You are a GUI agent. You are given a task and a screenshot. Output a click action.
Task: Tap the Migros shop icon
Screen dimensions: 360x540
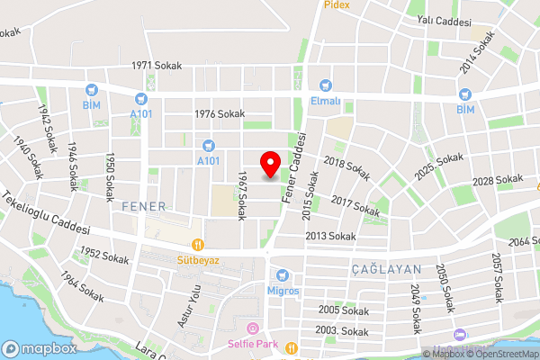[283, 274]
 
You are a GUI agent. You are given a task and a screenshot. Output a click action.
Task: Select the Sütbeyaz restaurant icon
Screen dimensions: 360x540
[198, 243]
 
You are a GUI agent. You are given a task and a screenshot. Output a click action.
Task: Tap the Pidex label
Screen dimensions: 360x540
[338, 4]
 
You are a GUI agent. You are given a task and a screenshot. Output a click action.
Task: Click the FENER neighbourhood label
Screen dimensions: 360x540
[144, 206]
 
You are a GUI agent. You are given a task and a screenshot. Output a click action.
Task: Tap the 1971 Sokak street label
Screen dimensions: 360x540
[156, 66]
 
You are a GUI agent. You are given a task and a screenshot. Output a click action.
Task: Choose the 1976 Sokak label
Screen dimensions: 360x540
[220, 113]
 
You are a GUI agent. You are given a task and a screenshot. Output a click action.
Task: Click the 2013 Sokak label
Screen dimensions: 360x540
[330, 236]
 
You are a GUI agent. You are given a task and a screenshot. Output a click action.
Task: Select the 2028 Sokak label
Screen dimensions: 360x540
[497, 181]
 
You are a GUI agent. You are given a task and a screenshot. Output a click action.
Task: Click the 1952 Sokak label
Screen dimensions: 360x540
[104, 256]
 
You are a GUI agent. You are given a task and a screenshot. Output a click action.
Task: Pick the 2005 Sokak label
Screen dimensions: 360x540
[344, 310]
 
